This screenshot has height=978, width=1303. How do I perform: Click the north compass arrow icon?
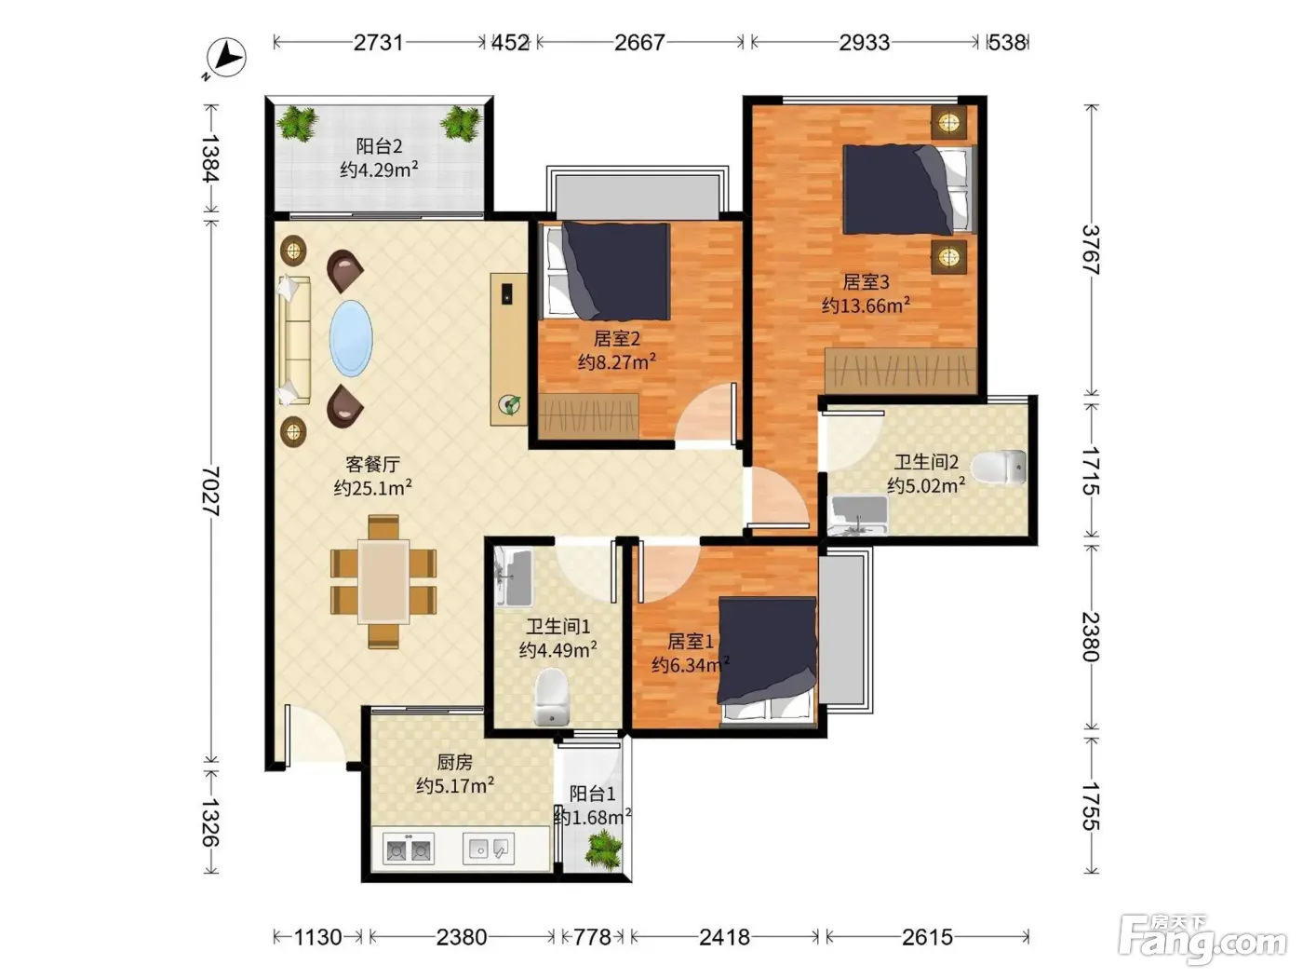pyautogui.click(x=226, y=58)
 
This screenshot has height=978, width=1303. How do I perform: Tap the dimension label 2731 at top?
pyautogui.click(x=378, y=43)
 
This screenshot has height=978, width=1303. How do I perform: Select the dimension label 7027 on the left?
pyautogui.click(x=210, y=491)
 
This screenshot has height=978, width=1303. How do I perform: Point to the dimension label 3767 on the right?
pyautogui.click(x=1091, y=250)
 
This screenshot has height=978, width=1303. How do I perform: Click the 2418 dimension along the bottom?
pyautogui.click(x=724, y=937)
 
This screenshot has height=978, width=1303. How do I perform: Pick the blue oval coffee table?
pyautogui.click(x=351, y=338)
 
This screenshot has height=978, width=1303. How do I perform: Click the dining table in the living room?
pyautogui.click(x=383, y=581)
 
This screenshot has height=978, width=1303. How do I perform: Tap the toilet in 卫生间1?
pyautogui.click(x=552, y=697)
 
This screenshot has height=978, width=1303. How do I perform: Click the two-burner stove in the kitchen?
pyautogui.click(x=409, y=848)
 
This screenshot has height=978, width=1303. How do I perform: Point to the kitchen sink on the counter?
pyautogui.click(x=489, y=848)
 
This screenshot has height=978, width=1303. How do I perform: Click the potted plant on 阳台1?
pyautogui.click(x=604, y=849)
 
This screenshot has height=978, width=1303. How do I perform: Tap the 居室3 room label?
pyautogui.click(x=866, y=281)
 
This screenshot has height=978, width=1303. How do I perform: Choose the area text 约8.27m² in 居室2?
pyautogui.click(x=617, y=361)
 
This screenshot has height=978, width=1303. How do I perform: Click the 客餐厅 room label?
pyautogui.click(x=372, y=464)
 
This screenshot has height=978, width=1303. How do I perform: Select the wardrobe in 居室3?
pyautogui.click(x=901, y=371)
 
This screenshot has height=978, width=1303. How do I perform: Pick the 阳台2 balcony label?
pyautogui.click(x=379, y=146)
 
